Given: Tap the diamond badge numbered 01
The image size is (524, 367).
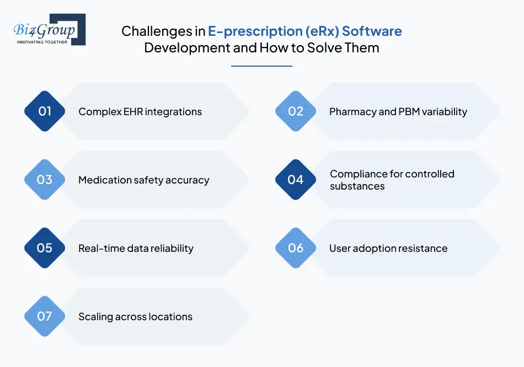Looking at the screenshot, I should [x=45, y=111].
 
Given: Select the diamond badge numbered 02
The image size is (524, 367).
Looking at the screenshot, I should [x=296, y=111].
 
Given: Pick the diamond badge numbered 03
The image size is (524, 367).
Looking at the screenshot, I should [x=45, y=180].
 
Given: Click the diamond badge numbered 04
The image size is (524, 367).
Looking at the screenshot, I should [x=296, y=180].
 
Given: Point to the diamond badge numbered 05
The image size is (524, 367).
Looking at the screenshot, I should [x=45, y=248].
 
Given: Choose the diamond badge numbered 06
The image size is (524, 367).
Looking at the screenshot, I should [x=296, y=248].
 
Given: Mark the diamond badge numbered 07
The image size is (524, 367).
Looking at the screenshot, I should [x=45, y=316].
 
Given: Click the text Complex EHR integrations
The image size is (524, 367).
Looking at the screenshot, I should [x=140, y=112].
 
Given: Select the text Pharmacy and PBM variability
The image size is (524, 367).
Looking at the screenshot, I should [x=398, y=112].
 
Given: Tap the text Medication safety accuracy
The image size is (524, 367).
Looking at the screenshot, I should [x=143, y=180].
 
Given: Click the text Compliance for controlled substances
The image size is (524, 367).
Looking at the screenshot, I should [x=392, y=180].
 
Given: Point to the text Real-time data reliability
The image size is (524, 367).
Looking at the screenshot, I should [x=136, y=249].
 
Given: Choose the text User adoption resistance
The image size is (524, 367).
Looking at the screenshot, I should [x=388, y=249].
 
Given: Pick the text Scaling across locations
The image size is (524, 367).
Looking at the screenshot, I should [x=135, y=317].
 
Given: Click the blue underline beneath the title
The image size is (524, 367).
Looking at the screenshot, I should [x=261, y=66].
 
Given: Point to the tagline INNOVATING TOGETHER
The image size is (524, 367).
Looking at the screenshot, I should [x=42, y=42].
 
